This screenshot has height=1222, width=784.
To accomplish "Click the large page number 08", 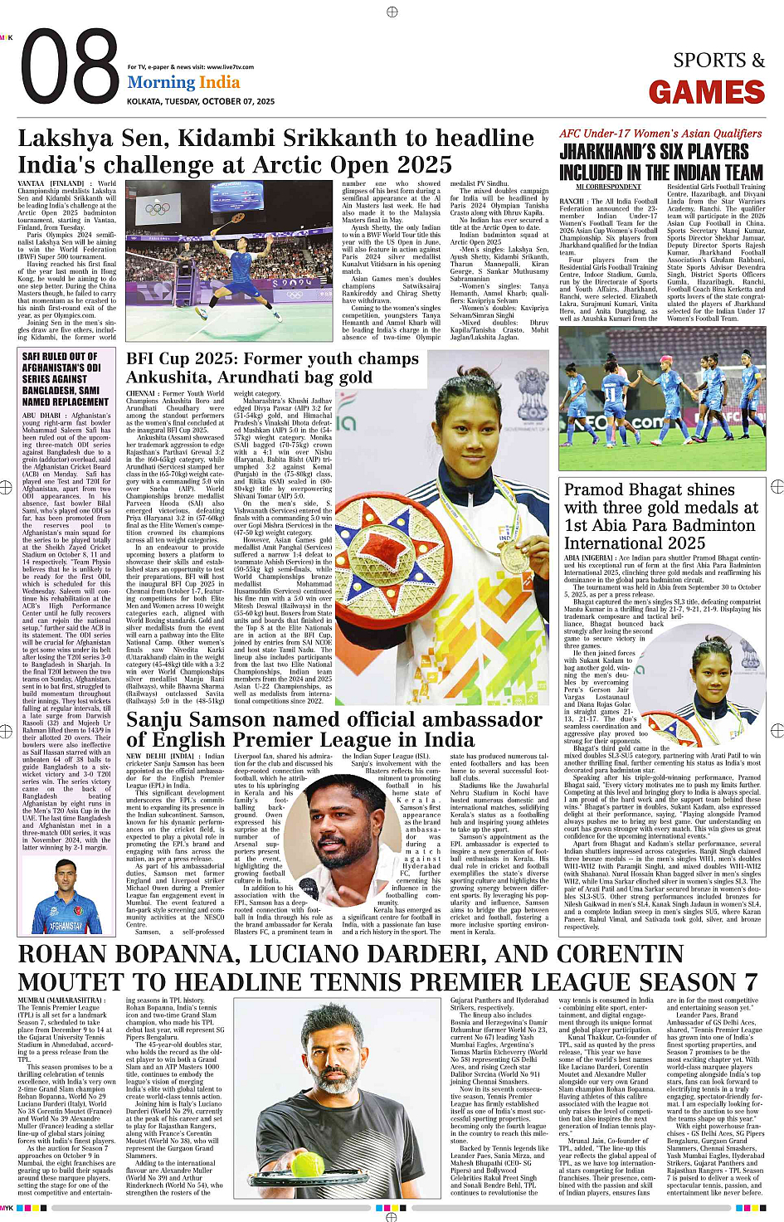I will tap(71, 68).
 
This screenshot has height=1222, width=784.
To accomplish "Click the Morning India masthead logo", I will tap(183, 83).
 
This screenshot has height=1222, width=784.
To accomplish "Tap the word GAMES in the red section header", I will tap(706, 92).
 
